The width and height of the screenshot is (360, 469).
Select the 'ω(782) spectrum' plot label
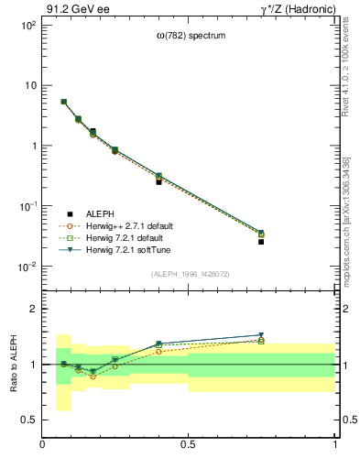click(191, 37)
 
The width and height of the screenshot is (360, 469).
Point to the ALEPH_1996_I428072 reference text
click(191, 274)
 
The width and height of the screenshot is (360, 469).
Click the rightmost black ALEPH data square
click(261, 242)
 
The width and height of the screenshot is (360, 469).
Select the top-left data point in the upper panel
click(63, 102)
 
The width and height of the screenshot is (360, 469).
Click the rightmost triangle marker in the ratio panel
click(261, 335)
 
